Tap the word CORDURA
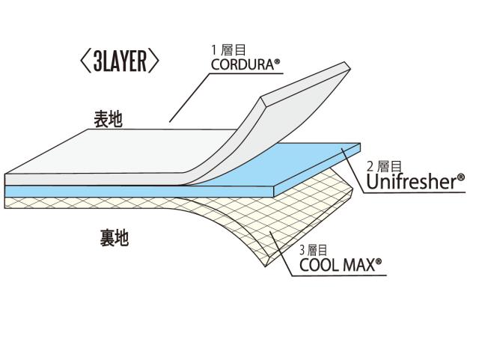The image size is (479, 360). click(241, 65)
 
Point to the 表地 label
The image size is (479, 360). click(109, 119)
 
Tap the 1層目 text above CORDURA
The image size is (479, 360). click(225, 51)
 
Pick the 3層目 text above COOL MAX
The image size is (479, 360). click(313, 249)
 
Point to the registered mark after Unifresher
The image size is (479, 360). click(461, 177)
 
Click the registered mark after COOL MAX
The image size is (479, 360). click(379, 260)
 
